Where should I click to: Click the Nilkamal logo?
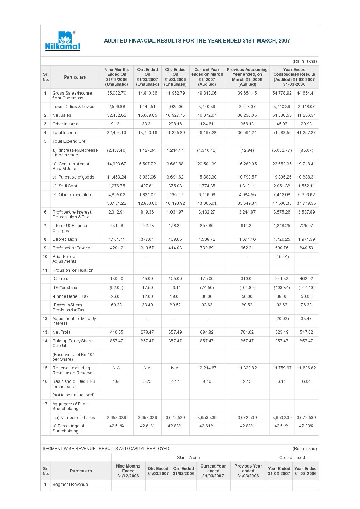tap(63, 41)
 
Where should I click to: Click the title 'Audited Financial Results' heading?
tap(197, 41)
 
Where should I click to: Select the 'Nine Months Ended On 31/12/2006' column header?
tap(116, 77)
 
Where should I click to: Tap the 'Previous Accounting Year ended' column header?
tap(247, 77)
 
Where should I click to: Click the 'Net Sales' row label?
tap(62, 115)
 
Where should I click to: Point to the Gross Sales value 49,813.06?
tap(207, 93)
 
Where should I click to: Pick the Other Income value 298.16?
tap(175, 124)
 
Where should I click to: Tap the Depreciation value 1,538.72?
tap(207, 239)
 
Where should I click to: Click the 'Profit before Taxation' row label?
tap(72, 248)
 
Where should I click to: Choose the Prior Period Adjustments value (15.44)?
tap(282, 257)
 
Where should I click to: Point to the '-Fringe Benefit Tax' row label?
tap(70, 296)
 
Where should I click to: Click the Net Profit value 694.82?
tap(207, 332)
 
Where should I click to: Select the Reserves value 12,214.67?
tap(207, 368)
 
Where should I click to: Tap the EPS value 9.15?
tap(247, 381)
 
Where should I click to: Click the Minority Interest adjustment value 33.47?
tap(306, 319)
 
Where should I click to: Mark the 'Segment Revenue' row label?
tap(70, 485)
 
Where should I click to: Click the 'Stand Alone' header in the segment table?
tap(188, 458)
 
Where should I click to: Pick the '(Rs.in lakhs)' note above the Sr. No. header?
tap(305, 61)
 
